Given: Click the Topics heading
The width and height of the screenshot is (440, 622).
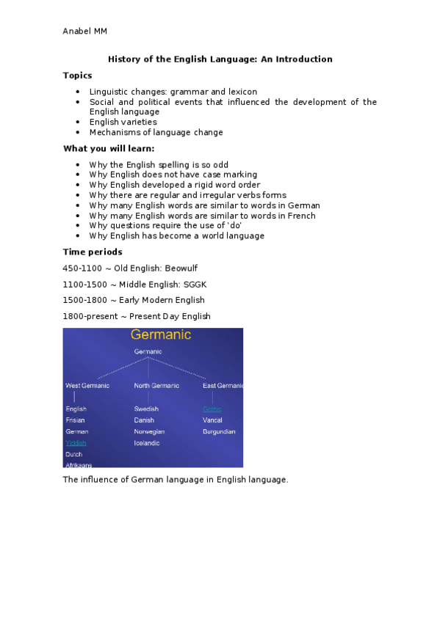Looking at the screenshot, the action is point(78,76).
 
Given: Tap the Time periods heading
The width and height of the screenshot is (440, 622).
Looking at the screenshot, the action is point(93,252).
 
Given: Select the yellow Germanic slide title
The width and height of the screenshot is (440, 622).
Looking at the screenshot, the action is point(161,335).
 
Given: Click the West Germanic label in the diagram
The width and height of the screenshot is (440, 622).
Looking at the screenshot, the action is point(87,386).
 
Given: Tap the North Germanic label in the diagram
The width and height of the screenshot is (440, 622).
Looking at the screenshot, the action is point(156,386).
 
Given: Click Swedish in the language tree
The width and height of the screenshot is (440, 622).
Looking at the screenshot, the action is point(146,409).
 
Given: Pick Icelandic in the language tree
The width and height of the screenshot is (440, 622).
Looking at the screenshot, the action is point(148,443).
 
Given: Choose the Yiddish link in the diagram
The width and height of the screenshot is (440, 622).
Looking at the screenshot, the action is point(76,443).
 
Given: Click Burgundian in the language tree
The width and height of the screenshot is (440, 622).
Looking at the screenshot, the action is point(219,432).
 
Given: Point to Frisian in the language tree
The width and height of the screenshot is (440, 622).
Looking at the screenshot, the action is point(75,420).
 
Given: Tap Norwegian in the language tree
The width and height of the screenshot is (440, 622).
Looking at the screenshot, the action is point(150,432).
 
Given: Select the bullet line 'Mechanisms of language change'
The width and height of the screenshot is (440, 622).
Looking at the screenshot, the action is point(156,133).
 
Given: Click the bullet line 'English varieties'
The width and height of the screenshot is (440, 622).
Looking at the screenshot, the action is point(123,122).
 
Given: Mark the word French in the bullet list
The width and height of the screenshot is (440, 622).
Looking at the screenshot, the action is point(300,216).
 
